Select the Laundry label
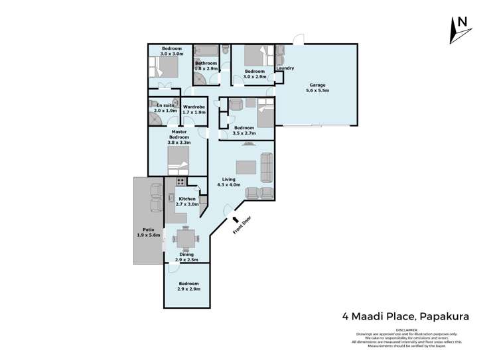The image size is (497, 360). click(x=285, y=68)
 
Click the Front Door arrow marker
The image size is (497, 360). click(x=234, y=219)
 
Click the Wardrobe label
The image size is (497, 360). click(x=194, y=107)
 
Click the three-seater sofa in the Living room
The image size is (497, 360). click(x=266, y=167)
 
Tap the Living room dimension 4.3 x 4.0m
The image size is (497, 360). click(x=228, y=185)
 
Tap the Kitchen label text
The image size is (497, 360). click(x=186, y=199)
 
